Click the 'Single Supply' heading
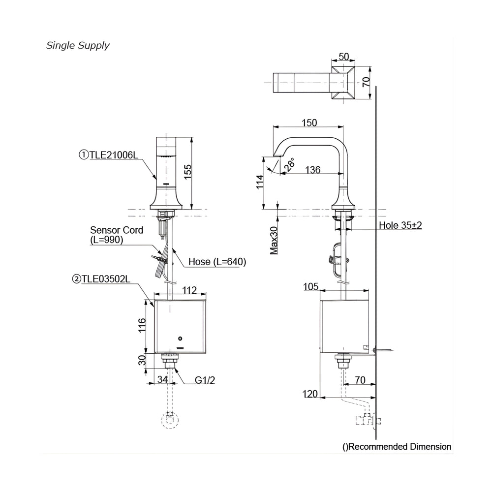tap(78, 46)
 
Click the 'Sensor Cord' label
tap(117, 230)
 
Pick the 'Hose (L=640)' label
tap(217, 262)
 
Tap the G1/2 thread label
tap(205, 380)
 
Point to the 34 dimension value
tap(164, 380)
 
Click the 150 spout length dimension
tap(309, 123)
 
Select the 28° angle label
tap(291, 164)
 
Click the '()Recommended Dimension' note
tap(397, 447)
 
